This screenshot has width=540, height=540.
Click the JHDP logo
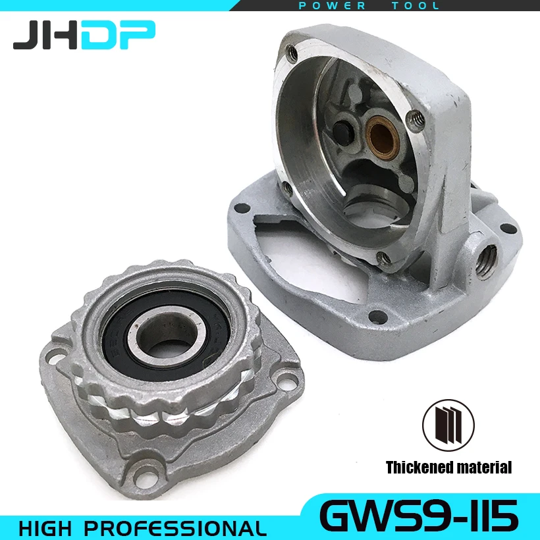(84, 36)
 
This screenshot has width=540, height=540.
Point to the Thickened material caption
(448, 468)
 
